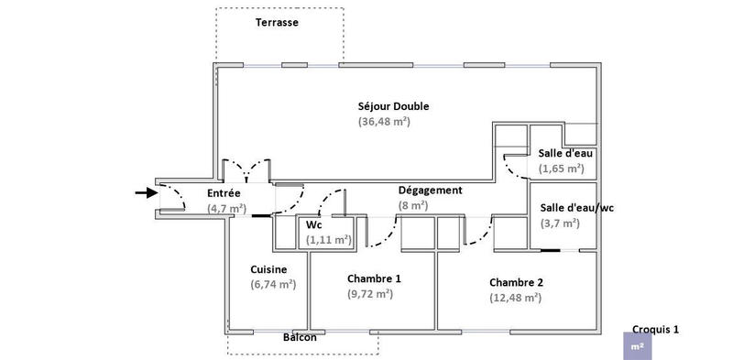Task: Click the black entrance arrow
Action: (146, 192)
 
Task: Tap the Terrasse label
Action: (277, 21)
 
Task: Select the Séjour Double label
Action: (394, 106)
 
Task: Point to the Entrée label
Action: (224, 193)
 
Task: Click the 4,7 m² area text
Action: (226, 208)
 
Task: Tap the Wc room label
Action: (313, 224)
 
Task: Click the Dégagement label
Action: (430, 191)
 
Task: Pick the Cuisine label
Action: (268, 269)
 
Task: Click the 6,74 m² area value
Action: (273, 285)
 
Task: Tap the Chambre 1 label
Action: (374, 278)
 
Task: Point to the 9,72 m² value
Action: (370, 294)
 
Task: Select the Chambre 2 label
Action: (517, 282)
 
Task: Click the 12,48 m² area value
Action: (515, 298)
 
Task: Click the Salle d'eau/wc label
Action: (577, 208)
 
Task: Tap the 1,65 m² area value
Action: (562, 169)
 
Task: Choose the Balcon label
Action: (300, 338)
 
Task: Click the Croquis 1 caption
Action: (656, 329)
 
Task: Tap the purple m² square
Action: (637, 347)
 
